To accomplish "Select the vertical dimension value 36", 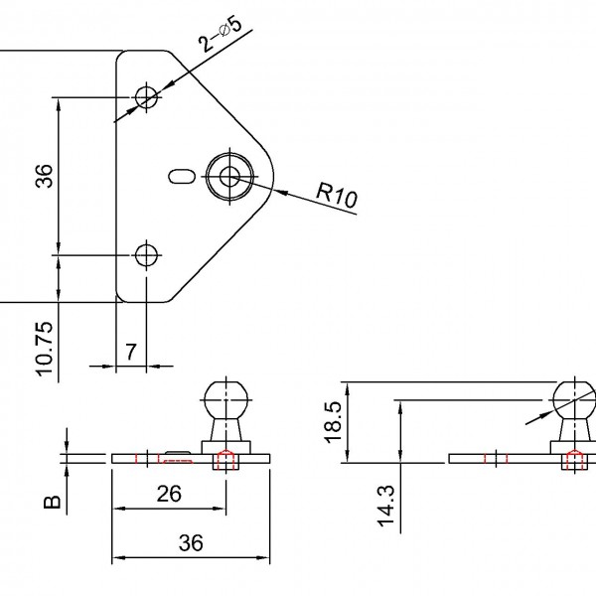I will (x=43, y=176).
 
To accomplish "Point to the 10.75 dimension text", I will (x=43, y=346).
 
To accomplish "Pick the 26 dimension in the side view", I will (x=169, y=494).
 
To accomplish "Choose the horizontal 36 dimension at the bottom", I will (x=191, y=542).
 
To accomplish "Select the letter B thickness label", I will (x=55, y=502).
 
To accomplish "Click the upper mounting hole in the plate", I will (x=148, y=96).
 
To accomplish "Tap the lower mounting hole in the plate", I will (x=148, y=254).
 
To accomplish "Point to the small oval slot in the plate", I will (x=180, y=177).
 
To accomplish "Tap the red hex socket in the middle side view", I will (x=225, y=459).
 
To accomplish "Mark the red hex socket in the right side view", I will (x=574, y=459).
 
